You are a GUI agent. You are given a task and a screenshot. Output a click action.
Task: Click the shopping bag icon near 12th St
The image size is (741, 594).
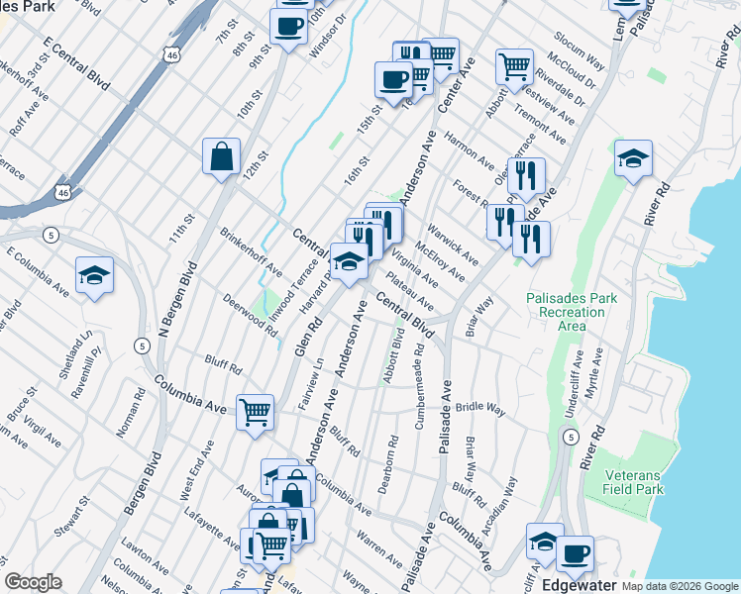pos(221,156)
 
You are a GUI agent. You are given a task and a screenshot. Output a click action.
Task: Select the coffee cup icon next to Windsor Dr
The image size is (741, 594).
pos(288,27)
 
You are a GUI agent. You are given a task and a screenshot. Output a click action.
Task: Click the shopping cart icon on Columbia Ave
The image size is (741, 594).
pos(256,411)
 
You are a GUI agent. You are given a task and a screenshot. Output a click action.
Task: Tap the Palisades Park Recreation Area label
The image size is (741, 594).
pos(572,311)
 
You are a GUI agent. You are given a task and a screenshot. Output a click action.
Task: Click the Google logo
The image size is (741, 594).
pos(33,582)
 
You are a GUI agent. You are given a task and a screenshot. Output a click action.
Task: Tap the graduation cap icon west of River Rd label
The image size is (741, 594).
pos(633,159)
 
